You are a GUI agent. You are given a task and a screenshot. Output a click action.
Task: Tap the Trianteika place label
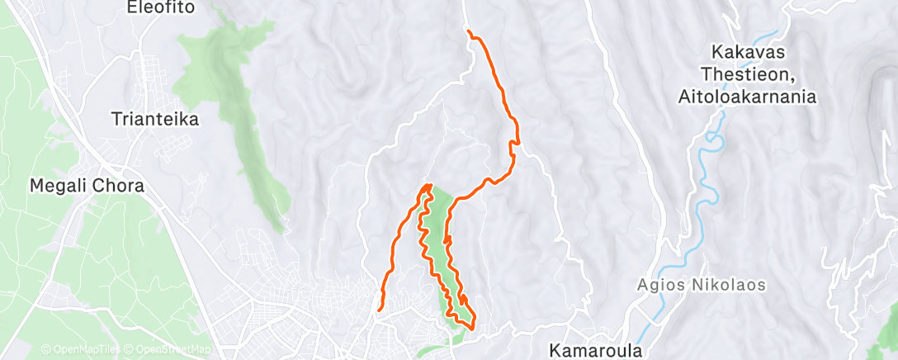click(x=155, y=120)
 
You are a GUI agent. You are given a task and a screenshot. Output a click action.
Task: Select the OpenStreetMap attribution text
click(x=169, y=349)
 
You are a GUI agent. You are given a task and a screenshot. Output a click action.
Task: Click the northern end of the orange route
click(x=468, y=31)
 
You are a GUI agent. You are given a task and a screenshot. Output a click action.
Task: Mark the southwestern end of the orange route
click(x=379, y=310)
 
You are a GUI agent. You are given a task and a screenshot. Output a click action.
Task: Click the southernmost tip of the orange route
click(x=471, y=328)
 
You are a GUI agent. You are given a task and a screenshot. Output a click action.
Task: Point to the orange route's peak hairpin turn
click(x=428, y=187)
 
